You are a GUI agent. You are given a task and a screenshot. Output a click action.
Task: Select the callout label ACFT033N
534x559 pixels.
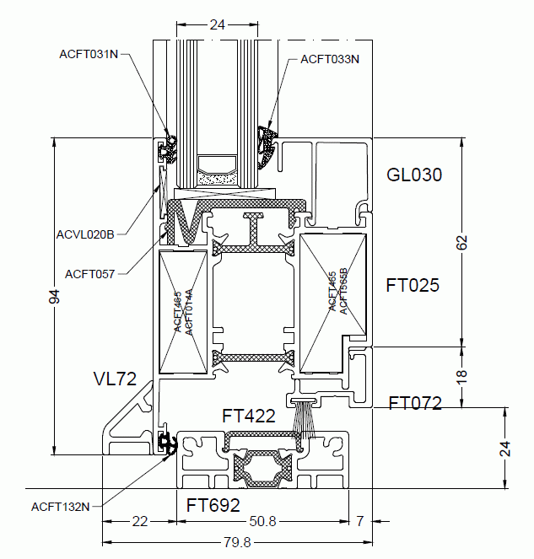pos(330,59)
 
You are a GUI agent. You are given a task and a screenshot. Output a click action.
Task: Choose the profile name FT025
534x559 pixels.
pos(413,285)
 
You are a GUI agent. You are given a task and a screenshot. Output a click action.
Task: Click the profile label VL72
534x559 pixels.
pos(115,379)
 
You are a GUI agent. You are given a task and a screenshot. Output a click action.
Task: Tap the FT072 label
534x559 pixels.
pos(415,403)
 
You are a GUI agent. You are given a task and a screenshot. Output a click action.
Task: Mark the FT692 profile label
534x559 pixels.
pos(213,506)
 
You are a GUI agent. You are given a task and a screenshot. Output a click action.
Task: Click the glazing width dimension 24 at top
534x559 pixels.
pos(218,25)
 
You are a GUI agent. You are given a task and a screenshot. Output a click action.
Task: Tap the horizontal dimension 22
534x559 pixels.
pos(140,521)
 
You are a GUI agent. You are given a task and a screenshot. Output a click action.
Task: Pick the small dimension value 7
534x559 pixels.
pos(360,521)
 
